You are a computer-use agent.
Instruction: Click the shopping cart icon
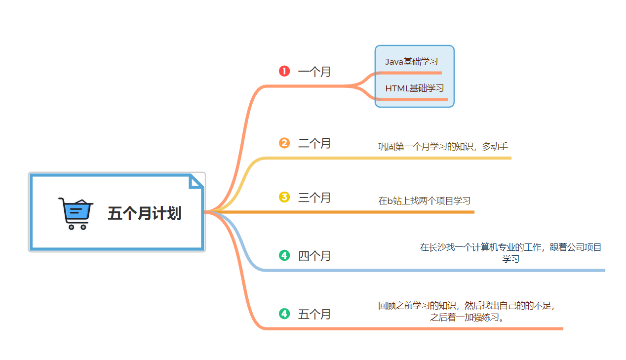point(76,213)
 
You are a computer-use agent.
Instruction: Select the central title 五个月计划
point(145,213)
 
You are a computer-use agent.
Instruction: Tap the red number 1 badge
point(284,71)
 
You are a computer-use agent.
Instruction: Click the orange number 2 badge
point(284,143)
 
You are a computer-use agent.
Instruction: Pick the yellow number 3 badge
point(284,198)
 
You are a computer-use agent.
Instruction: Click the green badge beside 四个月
point(284,255)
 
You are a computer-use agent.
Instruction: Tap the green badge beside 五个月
point(284,314)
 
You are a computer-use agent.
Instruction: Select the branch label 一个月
point(314,72)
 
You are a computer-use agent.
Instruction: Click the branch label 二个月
point(314,144)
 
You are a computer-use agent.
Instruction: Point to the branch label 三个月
point(314,198)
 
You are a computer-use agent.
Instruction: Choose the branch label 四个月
point(314,256)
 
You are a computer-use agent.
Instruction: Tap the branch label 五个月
point(314,314)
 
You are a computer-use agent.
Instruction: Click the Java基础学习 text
point(411,62)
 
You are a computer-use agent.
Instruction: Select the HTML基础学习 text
point(414,88)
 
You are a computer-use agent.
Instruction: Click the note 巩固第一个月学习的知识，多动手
point(443,147)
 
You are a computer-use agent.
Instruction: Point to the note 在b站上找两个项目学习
point(424,201)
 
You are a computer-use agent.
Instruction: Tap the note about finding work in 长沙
point(510,252)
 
